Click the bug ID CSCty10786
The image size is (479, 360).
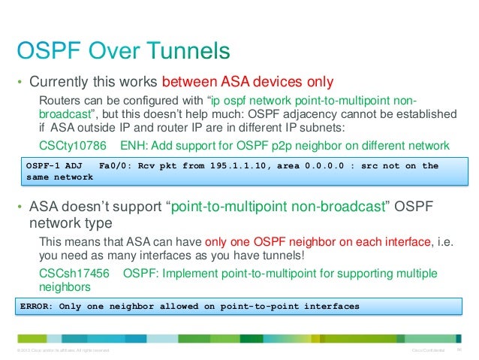(72, 145)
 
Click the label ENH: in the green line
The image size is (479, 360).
(134, 145)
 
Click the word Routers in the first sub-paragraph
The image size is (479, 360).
(59, 101)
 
